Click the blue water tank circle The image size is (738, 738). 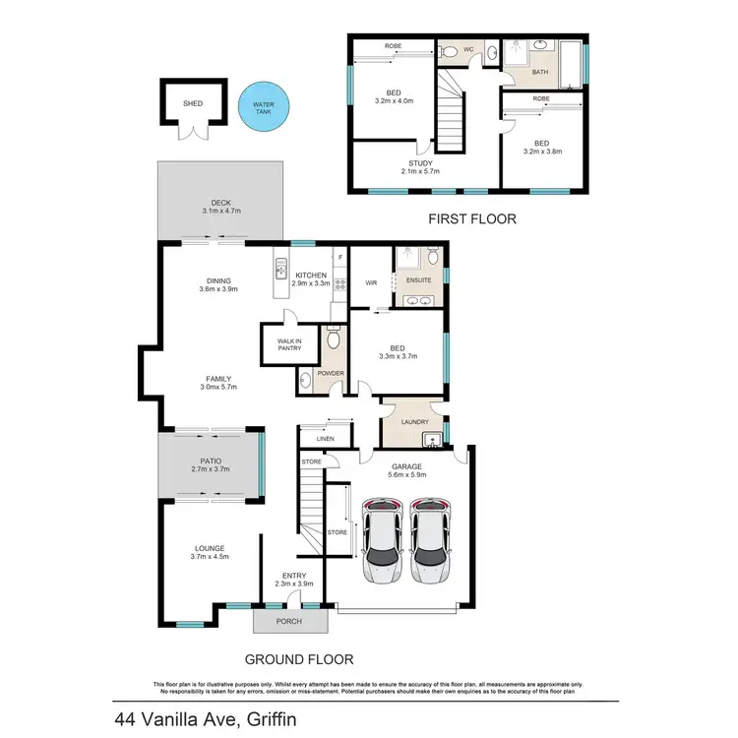(x=264, y=105)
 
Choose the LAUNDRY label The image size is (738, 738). (x=413, y=423)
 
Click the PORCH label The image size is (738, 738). (x=289, y=621)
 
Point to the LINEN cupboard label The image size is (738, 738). (x=314, y=440)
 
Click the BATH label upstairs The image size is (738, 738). (x=539, y=73)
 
